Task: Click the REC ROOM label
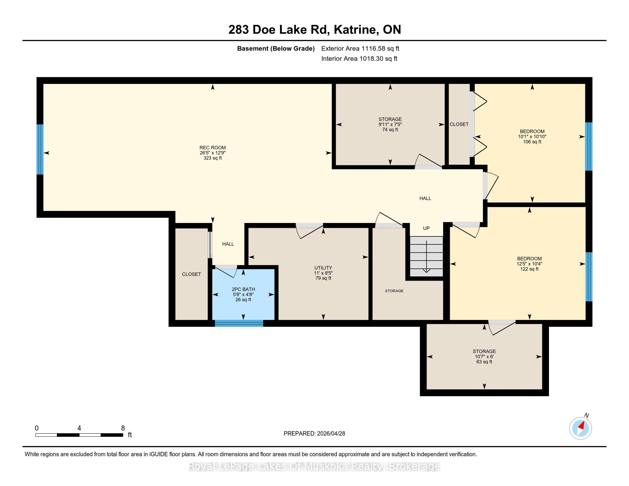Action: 212,148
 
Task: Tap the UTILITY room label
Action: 323,268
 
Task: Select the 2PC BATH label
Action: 243,289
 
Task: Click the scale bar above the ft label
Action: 79,435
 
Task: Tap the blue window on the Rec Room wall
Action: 40,149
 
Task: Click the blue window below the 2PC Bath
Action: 239,323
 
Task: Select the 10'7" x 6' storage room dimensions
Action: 484,356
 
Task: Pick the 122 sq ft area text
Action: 529,269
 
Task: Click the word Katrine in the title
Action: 355,30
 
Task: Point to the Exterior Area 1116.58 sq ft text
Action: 360,48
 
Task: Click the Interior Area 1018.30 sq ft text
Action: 359,58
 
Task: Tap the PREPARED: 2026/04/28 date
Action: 314,433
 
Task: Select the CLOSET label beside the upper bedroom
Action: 459,124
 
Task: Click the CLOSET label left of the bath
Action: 192,274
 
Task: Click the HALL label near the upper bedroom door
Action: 425,198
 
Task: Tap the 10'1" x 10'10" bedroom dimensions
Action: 532,137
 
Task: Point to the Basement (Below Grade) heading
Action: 276,48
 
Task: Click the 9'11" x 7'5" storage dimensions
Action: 390,124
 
